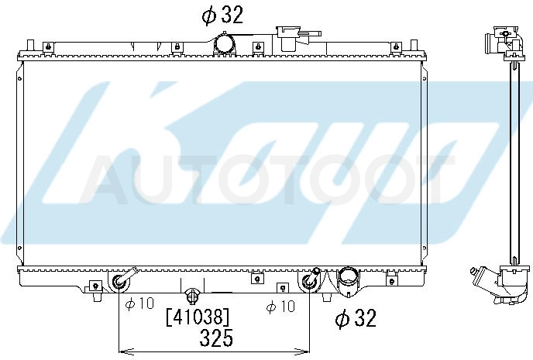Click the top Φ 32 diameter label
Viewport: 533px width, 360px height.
(x=222, y=15)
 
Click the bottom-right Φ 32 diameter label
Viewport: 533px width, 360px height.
(x=356, y=318)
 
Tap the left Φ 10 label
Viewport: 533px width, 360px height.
(x=139, y=303)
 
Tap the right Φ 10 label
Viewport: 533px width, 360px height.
(x=280, y=307)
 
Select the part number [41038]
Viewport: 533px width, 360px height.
(x=198, y=317)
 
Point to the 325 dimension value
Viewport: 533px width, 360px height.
(x=217, y=338)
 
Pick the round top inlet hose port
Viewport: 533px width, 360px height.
(x=225, y=43)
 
